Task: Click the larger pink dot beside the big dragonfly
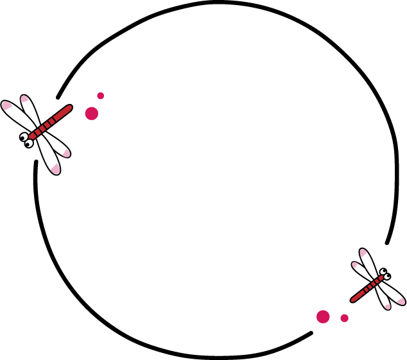tap(92, 114)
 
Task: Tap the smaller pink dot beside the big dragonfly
tap(100, 96)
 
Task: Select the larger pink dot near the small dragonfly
tap(323, 316)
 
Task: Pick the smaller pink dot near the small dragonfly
tap(345, 318)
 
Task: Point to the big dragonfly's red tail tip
tap(68, 108)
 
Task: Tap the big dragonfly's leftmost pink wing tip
tap(6, 105)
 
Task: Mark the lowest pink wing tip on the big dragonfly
tap(55, 169)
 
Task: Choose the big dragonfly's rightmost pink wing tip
tap(66, 153)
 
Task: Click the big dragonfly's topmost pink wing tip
tap(24, 99)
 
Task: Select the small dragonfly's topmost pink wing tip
tap(363, 252)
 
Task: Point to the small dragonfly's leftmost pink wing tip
tap(354, 264)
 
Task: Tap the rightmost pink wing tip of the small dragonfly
tap(401, 301)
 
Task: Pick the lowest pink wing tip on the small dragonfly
tap(387, 306)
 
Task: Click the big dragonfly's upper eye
tap(24, 137)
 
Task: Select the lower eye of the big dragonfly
tap(29, 144)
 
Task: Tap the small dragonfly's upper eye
tap(383, 271)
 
